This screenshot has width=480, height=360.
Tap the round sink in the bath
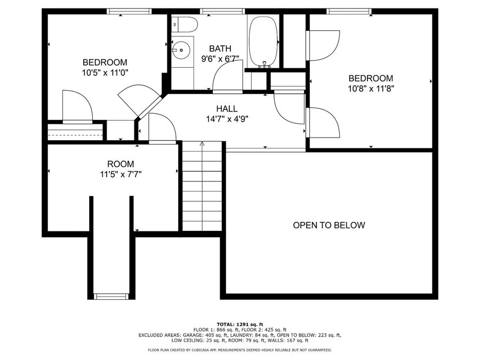pos(181,51)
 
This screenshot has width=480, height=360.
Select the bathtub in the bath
pos(262,41)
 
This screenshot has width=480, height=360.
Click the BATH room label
pos(220,49)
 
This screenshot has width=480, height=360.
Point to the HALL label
pos(227,109)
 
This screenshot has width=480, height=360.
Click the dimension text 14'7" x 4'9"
pos(227,119)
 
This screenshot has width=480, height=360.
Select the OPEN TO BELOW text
pos(329,225)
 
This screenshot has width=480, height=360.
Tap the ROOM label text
pos(121,164)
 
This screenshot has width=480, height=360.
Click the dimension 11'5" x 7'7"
pos(121,174)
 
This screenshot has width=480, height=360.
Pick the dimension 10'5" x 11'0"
pos(105,72)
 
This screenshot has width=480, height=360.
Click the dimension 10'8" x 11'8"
pos(371,89)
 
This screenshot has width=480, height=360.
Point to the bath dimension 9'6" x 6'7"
pos(220,59)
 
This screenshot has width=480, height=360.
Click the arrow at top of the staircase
pos(202,143)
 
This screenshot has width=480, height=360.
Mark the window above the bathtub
pos(223,11)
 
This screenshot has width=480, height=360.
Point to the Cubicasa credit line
pos(239,350)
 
